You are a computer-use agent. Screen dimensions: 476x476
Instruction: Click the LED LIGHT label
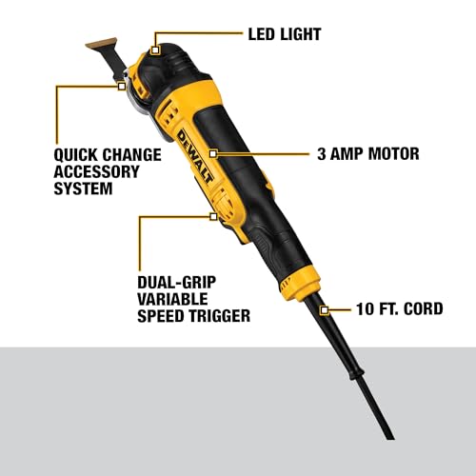point(285,34)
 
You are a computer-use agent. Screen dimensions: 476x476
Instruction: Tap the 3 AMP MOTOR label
point(368,154)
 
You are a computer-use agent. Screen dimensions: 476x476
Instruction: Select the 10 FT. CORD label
point(400,308)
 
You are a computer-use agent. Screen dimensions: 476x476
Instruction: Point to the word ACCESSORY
point(96,171)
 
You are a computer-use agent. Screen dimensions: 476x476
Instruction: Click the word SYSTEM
point(83,188)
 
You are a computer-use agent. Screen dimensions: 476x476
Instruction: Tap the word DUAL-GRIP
point(177,283)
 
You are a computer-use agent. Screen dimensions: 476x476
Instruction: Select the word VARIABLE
point(172,299)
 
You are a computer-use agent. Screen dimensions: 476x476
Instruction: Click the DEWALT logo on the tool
point(195,156)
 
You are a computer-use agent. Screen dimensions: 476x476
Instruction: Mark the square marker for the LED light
point(155,50)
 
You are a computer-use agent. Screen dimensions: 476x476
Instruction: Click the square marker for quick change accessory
point(122,86)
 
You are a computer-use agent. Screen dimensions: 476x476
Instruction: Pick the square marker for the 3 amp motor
point(213,154)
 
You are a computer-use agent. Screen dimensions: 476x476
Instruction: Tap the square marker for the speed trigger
point(213,217)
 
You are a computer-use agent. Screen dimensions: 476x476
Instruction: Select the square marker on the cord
point(324,310)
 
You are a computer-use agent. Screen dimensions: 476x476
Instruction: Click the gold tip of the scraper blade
point(101,44)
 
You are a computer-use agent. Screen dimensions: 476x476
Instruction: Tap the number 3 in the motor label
point(322,154)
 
